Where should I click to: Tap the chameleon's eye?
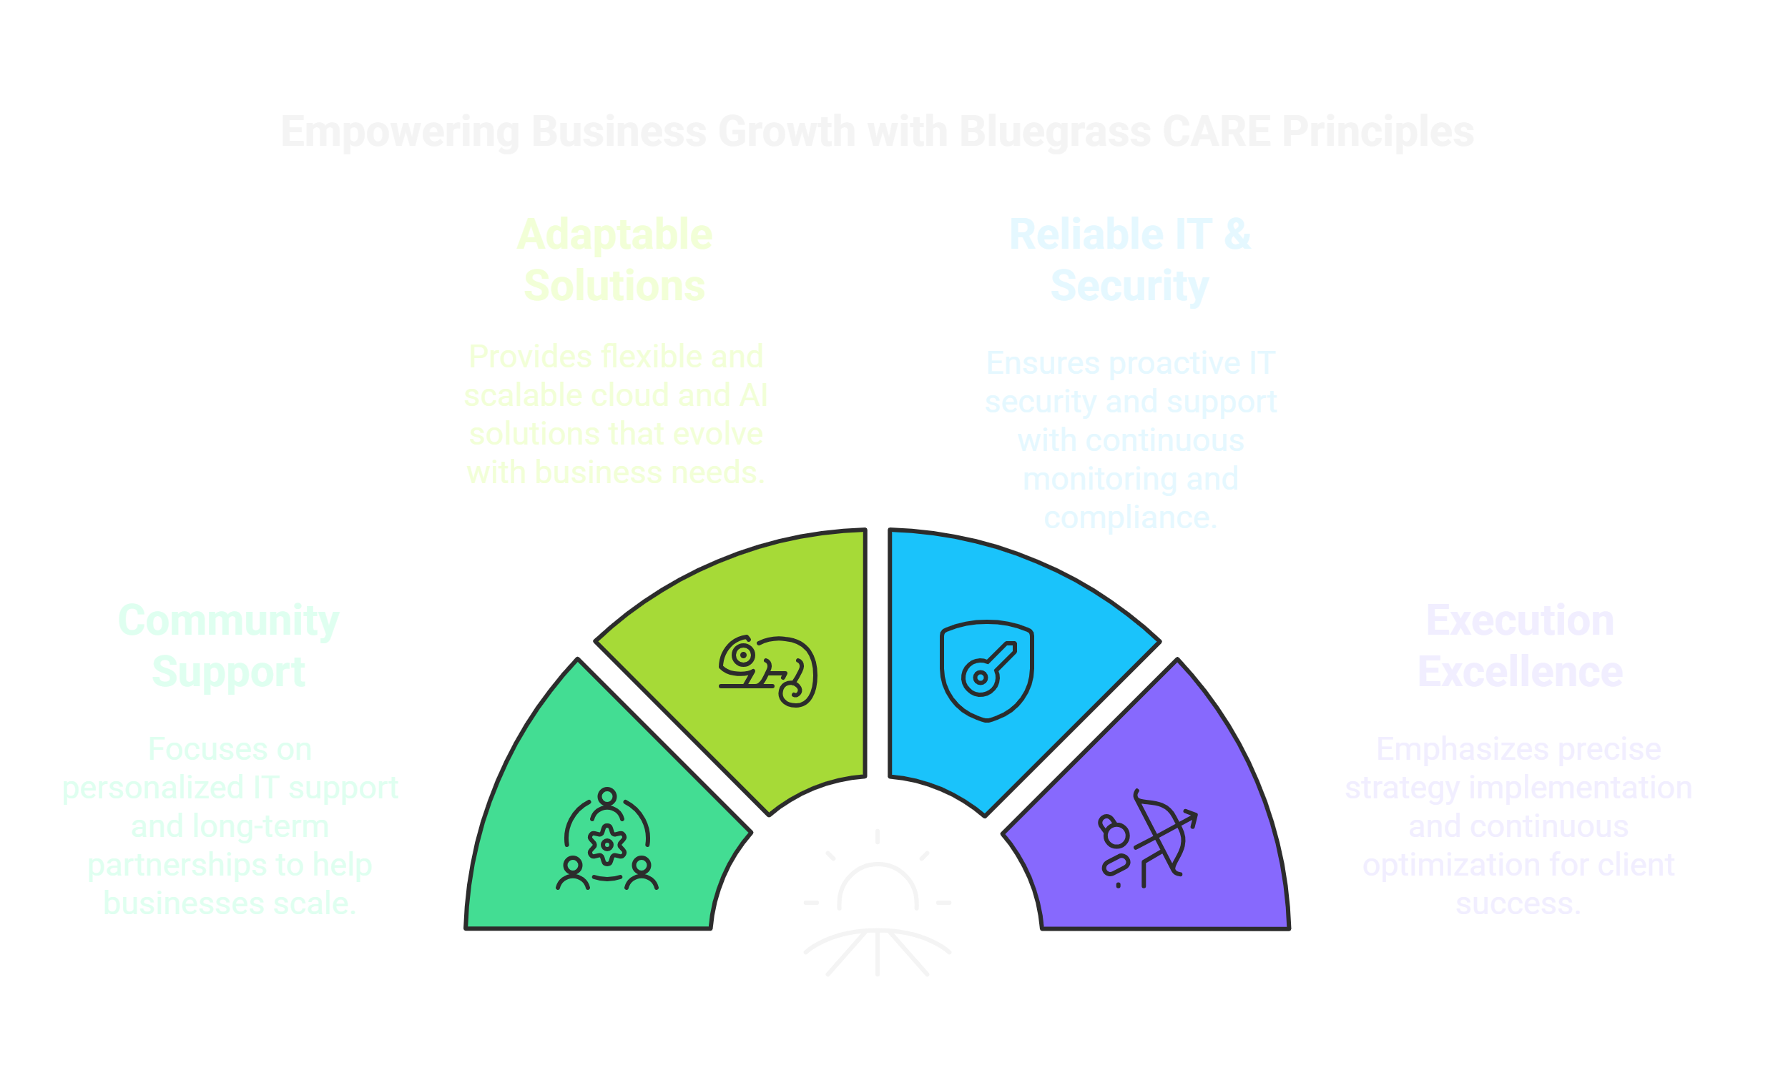click(744, 655)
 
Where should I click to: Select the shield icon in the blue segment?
click(986, 670)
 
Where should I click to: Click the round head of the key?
click(978, 677)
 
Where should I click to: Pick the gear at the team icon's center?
click(606, 844)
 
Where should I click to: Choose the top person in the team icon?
click(607, 799)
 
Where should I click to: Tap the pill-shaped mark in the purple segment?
click(1114, 865)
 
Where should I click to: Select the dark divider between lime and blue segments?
click(877, 653)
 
